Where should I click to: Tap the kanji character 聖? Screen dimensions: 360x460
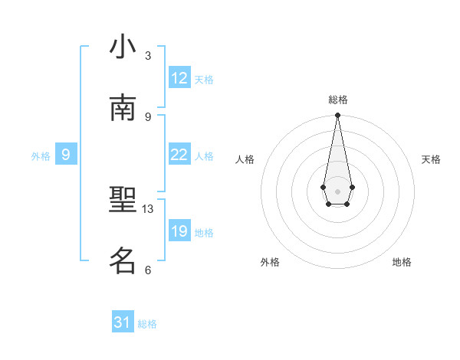(x=123, y=201)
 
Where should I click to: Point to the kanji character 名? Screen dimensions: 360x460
(x=123, y=261)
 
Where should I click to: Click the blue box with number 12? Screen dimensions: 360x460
(x=179, y=78)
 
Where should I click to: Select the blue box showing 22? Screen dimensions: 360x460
(x=179, y=155)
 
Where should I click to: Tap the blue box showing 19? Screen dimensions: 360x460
(x=179, y=231)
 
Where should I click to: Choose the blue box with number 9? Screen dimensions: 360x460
(x=66, y=155)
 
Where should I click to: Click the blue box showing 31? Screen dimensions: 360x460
(x=123, y=322)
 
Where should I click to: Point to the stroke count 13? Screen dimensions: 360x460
(x=148, y=208)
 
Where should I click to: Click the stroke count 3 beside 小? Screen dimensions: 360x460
(x=148, y=55)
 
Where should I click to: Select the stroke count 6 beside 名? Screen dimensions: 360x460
(x=148, y=270)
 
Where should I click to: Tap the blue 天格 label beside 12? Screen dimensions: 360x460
(x=204, y=79)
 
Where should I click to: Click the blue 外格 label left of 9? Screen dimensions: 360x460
(x=41, y=155)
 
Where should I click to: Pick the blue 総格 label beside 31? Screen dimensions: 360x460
(x=147, y=323)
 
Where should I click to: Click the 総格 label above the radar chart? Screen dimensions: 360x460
(x=338, y=100)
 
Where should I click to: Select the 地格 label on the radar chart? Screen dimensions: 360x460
(x=402, y=262)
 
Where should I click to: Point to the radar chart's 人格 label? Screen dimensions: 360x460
(x=245, y=159)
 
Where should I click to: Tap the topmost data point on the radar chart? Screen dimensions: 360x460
(x=337, y=116)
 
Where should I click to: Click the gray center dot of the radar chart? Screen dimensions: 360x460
(x=337, y=190)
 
